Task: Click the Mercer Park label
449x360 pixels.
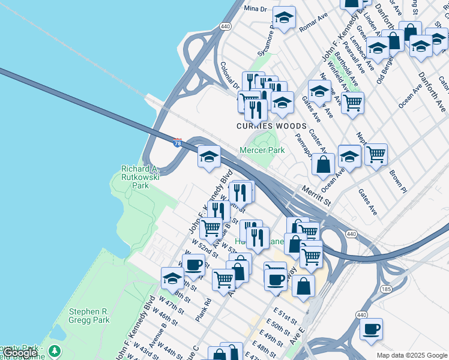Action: pyautogui.click(x=262, y=150)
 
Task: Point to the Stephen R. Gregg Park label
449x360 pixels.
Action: pyautogui.click(x=89, y=316)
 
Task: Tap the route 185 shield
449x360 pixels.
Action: pyautogui.click(x=385, y=289)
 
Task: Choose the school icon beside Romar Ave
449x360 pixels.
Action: pyautogui.click(x=284, y=17)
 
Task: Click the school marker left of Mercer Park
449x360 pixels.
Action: pyautogui.click(x=208, y=157)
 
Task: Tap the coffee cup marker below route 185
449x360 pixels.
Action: pyautogui.click(x=371, y=329)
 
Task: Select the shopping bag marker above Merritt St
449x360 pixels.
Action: pyautogui.click(x=323, y=164)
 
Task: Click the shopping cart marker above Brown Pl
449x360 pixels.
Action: pyautogui.click(x=376, y=154)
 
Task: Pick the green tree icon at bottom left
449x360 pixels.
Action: pyautogui.click(x=55, y=350)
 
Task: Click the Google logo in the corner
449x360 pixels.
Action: pyautogui.click(x=20, y=353)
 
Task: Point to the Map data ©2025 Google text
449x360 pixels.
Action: pyautogui.click(x=412, y=355)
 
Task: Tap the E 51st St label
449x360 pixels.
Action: pyautogui.click(x=286, y=317)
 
